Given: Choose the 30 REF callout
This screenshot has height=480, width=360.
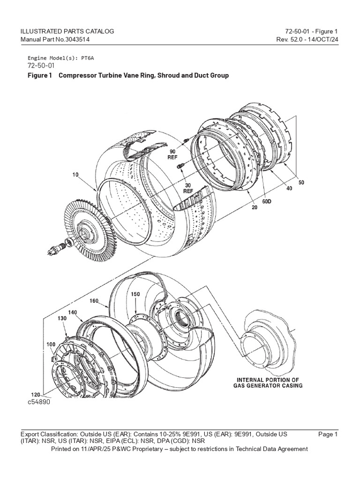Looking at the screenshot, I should coord(187,188).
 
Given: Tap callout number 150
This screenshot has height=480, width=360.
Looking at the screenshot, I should coord(135,293).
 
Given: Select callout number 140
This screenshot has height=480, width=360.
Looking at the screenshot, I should coord(73,311).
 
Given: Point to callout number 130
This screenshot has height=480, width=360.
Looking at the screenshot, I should coord(62,318).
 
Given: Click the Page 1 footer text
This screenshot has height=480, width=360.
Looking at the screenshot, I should coord(328,435).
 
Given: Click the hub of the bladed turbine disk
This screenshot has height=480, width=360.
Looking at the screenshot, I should coord(86,231).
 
